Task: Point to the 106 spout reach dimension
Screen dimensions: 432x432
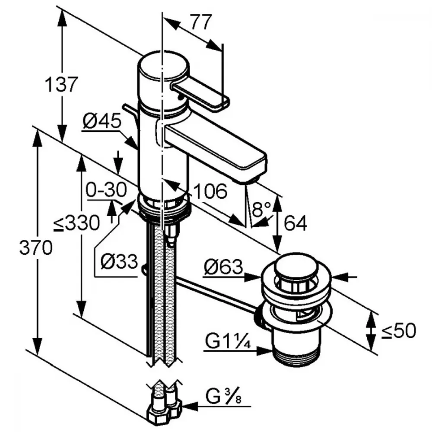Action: point(210,191)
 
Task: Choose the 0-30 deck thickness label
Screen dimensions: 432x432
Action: point(105,190)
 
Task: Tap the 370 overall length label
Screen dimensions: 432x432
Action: point(37,248)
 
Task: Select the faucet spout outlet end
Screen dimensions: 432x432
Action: point(251,175)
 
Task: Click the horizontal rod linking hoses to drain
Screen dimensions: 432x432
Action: point(216,293)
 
